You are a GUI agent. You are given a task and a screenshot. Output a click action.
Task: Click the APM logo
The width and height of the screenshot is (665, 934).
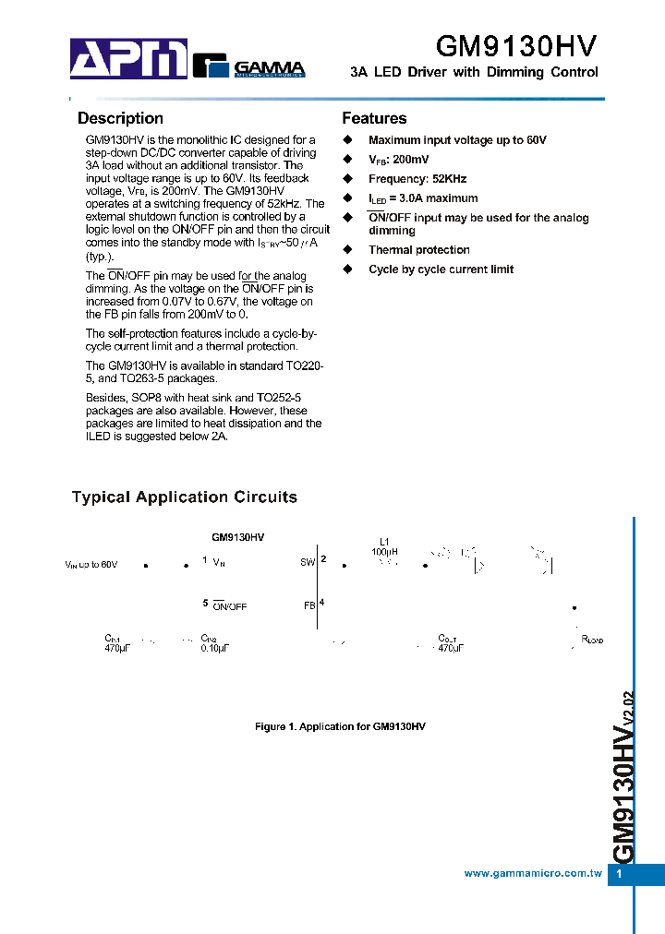128,59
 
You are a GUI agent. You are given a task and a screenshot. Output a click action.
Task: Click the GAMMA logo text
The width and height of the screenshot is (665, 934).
268,67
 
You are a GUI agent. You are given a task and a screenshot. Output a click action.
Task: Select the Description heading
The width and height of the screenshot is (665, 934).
120,118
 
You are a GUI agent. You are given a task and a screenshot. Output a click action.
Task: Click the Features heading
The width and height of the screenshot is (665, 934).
374,118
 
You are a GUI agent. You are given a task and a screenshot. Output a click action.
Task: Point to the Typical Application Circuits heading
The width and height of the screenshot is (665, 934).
185,497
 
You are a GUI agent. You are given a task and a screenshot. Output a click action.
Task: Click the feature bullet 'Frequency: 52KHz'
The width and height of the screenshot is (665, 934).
417,179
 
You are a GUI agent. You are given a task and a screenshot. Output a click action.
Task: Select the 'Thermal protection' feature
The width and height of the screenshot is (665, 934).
418,250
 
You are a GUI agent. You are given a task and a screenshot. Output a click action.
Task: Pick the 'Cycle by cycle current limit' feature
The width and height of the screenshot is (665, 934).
441,269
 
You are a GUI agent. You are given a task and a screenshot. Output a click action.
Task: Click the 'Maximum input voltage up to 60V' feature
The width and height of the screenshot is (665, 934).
457,140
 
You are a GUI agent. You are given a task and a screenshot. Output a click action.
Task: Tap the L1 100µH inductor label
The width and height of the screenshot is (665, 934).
385,547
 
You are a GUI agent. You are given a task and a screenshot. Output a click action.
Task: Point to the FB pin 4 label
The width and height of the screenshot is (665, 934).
313,605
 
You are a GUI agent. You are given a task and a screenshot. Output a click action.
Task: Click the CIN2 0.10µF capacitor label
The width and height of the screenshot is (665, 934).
214,643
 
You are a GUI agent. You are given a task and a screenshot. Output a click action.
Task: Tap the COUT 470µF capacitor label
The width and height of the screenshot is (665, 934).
448,643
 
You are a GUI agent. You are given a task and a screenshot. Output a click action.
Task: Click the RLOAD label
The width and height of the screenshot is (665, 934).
591,640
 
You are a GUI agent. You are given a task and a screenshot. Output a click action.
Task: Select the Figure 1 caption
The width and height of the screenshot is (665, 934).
340,727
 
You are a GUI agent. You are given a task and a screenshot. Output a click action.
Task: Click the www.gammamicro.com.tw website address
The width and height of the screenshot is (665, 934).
533,873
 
